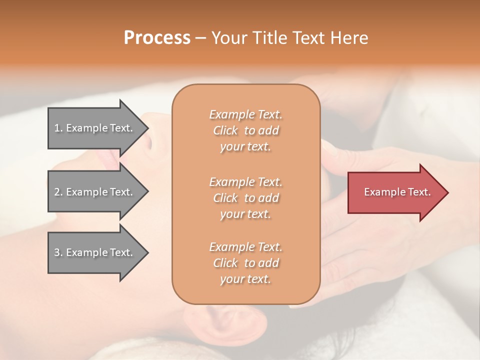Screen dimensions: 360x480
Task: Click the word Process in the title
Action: pyautogui.click(x=157, y=38)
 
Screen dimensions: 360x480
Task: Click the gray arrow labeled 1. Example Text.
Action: pyautogui.click(x=95, y=128)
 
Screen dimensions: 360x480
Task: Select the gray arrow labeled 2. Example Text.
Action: pyautogui.click(x=95, y=192)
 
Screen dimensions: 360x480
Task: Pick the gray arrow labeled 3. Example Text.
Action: pyautogui.click(x=95, y=252)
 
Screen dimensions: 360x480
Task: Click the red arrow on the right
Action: pyautogui.click(x=395, y=192)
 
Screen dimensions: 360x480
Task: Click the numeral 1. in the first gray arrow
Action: pyautogui.click(x=58, y=128)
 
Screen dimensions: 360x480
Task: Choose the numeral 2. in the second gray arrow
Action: pyautogui.click(x=58, y=192)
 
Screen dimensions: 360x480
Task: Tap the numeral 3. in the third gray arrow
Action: pyautogui.click(x=58, y=252)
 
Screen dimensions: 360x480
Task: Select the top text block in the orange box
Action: pyautogui.click(x=245, y=130)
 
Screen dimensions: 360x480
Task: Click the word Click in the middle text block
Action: pyautogui.click(x=225, y=198)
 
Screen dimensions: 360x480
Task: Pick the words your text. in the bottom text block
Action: pyautogui.click(x=245, y=279)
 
